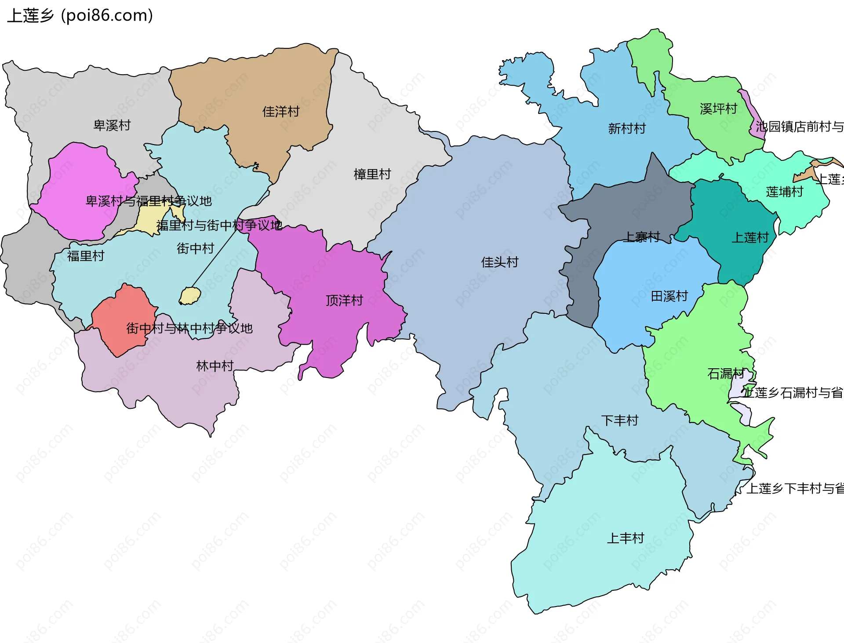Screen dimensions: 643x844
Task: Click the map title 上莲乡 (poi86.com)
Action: (80, 16)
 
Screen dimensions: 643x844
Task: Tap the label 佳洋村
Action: (280, 112)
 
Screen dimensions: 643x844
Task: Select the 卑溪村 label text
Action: (112, 125)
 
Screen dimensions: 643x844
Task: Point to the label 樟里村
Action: (372, 174)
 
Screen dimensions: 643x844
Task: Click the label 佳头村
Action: (500, 262)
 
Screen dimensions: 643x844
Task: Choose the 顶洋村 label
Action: (344, 301)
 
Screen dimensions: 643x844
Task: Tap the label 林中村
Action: (215, 366)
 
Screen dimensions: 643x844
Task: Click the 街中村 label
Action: (195, 248)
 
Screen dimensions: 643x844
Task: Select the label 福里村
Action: (86, 256)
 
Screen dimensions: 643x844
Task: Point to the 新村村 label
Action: (627, 129)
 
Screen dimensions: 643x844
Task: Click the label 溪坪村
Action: (718, 109)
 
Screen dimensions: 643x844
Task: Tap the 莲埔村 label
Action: (784, 192)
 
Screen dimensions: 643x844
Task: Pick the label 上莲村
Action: (750, 238)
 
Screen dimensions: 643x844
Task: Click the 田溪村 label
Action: (669, 296)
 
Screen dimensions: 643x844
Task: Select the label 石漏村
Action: (726, 374)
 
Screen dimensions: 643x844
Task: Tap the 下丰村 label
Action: (619, 421)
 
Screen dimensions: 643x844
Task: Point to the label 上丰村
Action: (625, 538)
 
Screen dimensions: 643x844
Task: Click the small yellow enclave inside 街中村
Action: (190, 296)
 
